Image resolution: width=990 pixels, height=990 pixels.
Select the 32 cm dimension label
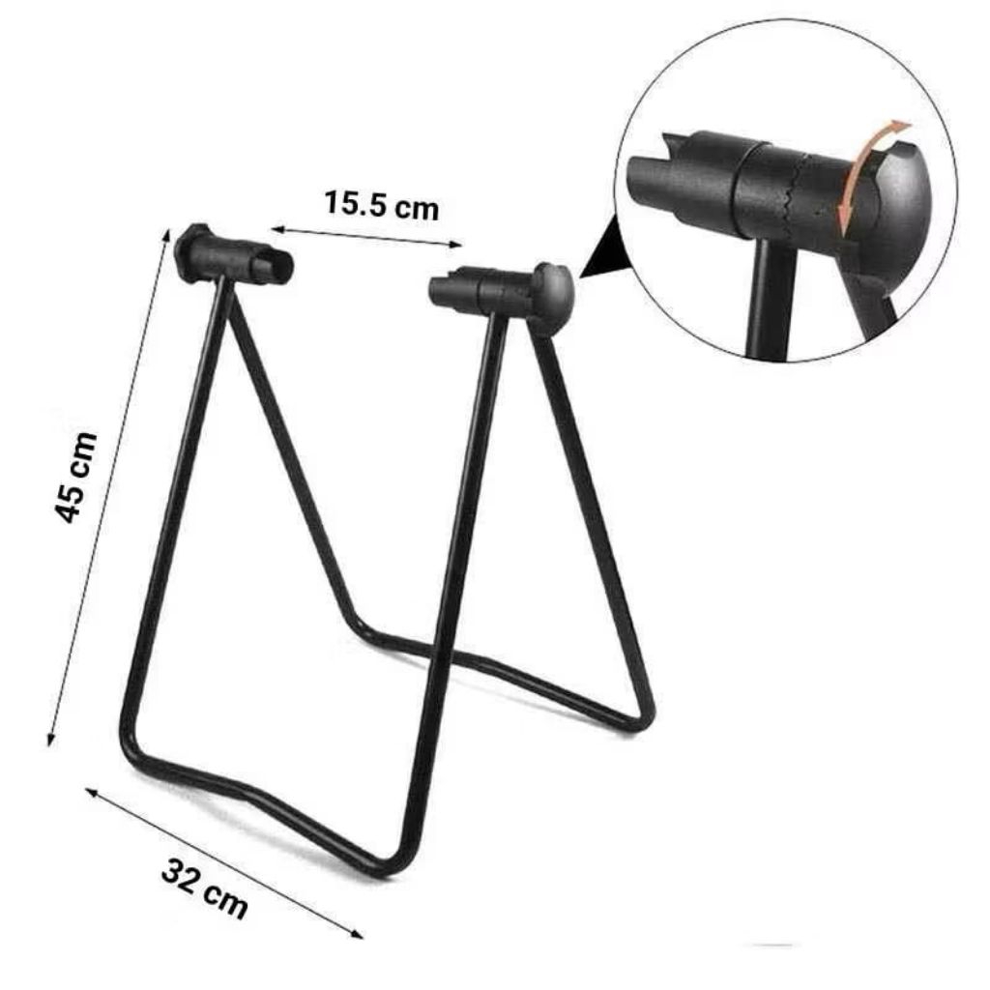click(x=204, y=888)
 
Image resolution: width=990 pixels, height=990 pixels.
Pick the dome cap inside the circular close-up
click(x=894, y=203)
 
